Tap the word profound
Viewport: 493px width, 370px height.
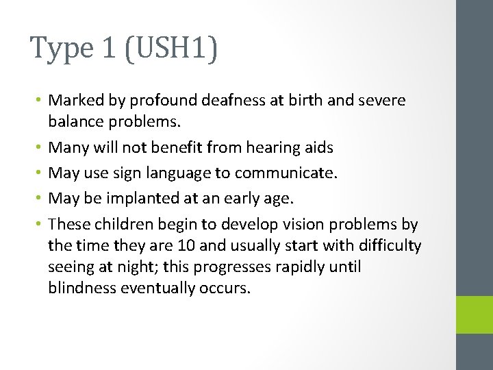(x=169, y=101)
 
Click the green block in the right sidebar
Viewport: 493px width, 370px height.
(x=475, y=314)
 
